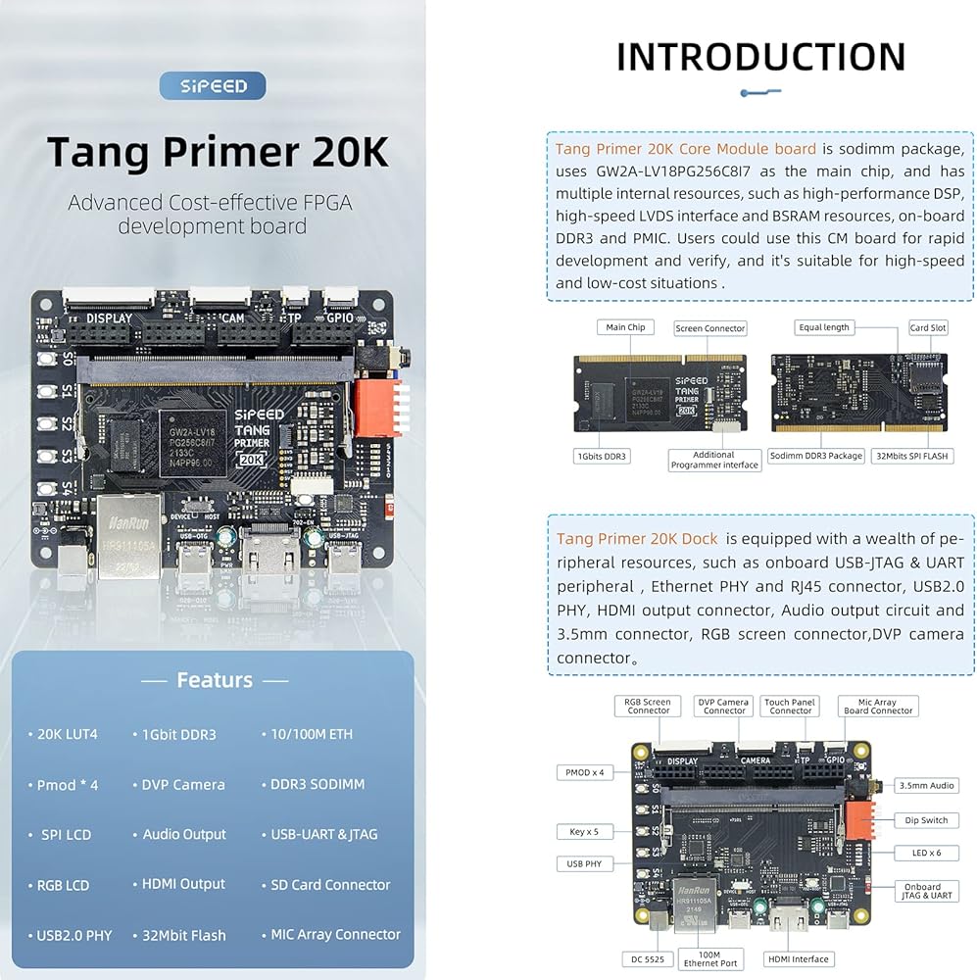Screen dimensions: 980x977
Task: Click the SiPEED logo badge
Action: (213, 86)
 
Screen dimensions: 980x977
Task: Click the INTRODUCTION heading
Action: (760, 57)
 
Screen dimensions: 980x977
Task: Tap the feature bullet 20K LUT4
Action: (68, 734)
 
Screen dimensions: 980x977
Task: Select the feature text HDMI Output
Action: (183, 884)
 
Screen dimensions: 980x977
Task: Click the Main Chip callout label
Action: (625, 327)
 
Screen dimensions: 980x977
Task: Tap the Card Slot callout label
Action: (927, 328)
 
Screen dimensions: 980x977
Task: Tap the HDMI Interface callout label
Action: (798, 959)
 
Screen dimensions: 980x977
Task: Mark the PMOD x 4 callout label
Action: (585, 772)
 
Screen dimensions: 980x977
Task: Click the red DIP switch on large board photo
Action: (373, 406)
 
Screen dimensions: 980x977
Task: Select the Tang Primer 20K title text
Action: (218, 153)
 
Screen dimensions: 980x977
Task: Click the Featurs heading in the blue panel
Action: (214, 680)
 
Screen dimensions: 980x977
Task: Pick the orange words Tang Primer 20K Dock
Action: (637, 539)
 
